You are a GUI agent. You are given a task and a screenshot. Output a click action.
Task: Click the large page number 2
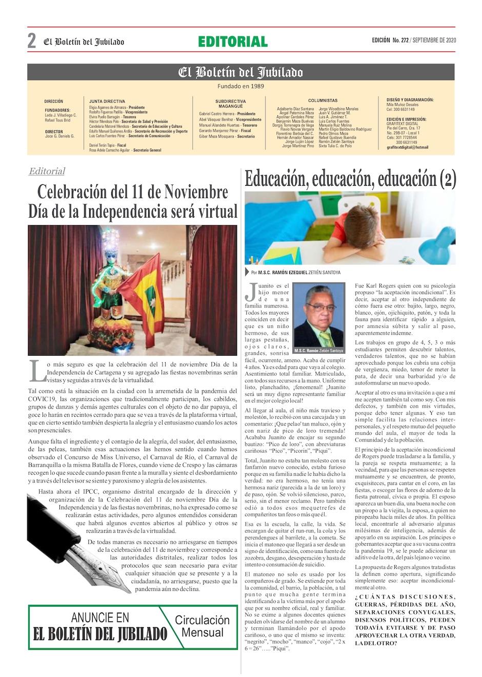coord(32,41)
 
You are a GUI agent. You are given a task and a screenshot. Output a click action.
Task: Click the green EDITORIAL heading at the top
coord(233,42)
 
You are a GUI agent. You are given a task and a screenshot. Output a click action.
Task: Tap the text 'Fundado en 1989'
coord(240,86)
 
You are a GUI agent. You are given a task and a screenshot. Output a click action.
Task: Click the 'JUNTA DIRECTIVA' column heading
coord(107,102)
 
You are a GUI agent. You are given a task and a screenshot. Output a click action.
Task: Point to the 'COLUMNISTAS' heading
coord(323,101)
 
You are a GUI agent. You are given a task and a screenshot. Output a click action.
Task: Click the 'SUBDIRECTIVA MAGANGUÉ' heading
coord(230,104)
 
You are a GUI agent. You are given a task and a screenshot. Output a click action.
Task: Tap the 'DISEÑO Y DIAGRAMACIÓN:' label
coord(410,99)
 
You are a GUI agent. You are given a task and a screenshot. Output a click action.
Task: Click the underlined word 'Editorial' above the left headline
coord(47,171)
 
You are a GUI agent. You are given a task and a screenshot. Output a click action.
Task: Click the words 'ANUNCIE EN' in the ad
coord(100,617)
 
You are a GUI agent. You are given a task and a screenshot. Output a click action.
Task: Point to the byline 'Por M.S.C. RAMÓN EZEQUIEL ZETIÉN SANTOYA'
coord(292,273)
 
